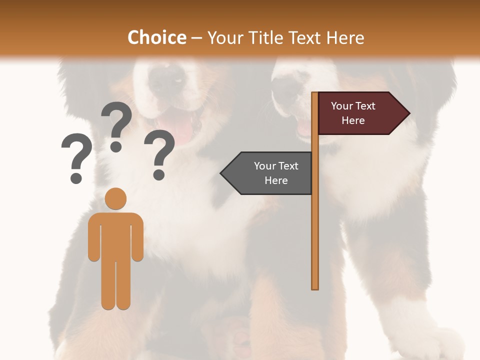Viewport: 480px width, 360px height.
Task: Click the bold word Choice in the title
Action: pyautogui.click(x=156, y=37)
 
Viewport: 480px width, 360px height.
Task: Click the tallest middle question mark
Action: pyautogui.click(x=116, y=125)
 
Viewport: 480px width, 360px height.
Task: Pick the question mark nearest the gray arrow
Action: pyautogui.click(x=159, y=154)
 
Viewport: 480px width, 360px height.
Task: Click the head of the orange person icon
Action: pyautogui.click(x=115, y=199)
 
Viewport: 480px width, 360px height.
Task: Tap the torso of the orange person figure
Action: pyautogui.click(x=115, y=235)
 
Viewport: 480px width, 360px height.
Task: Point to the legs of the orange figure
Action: pyautogui.click(x=115, y=285)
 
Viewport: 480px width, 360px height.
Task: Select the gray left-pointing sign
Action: pyautogui.click(x=270, y=173)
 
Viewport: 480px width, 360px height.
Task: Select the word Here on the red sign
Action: pyautogui.click(x=353, y=120)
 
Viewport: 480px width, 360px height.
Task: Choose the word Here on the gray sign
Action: pyautogui.click(x=276, y=180)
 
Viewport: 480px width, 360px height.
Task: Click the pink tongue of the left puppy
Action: pyautogui.click(x=177, y=129)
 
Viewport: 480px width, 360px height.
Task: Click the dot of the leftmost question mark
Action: pyautogui.click(x=76, y=178)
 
